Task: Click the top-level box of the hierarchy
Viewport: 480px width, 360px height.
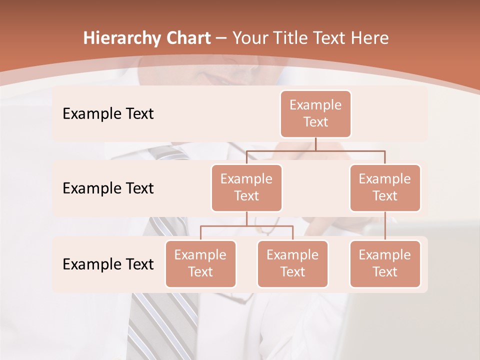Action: (x=315, y=113)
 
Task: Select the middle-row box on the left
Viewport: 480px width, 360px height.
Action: (x=246, y=187)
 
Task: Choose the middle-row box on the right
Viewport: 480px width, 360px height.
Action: (x=385, y=187)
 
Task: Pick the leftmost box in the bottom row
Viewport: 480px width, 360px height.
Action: (x=200, y=263)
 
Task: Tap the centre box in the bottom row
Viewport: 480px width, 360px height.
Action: (x=292, y=263)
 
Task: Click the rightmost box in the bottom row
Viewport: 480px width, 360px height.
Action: (x=385, y=263)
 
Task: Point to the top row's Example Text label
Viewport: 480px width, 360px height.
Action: (x=108, y=114)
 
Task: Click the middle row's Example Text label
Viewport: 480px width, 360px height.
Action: (x=108, y=188)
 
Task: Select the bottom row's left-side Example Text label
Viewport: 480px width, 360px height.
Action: (x=108, y=264)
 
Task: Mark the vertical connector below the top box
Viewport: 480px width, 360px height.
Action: (x=315, y=144)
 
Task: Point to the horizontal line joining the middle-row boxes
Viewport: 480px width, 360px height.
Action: (x=315, y=150)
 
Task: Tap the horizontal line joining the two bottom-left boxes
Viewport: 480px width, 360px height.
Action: (x=246, y=226)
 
